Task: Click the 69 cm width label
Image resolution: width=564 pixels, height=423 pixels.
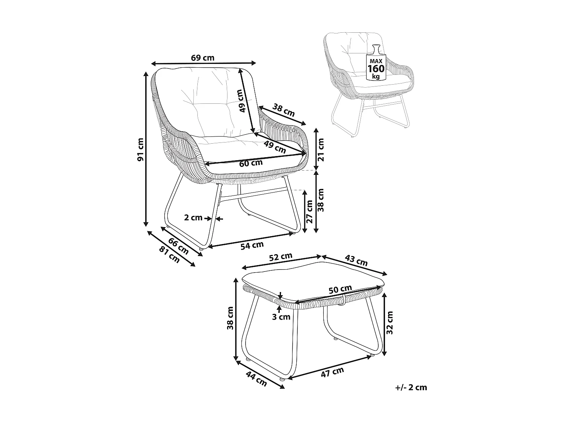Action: (203, 58)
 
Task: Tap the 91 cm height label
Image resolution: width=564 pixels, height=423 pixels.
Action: (141, 150)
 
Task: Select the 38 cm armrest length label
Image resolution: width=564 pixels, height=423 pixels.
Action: (284, 110)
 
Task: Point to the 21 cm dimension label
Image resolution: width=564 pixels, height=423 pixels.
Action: (321, 150)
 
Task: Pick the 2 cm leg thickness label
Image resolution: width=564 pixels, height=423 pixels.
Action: (193, 217)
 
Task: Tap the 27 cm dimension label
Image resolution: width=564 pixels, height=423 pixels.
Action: (309, 212)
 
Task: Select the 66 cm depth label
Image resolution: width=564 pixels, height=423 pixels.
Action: (178, 246)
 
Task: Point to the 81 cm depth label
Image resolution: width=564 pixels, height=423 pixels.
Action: (169, 255)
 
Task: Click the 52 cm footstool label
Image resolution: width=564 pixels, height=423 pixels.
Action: (281, 256)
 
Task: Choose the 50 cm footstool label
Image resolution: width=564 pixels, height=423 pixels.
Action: (340, 290)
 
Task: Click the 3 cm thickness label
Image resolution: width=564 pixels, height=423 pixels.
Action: (281, 317)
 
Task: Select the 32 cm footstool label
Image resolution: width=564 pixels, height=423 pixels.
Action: (390, 322)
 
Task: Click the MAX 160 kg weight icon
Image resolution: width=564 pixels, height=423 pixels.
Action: (376, 62)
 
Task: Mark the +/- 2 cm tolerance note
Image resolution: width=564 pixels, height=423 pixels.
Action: (411, 388)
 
